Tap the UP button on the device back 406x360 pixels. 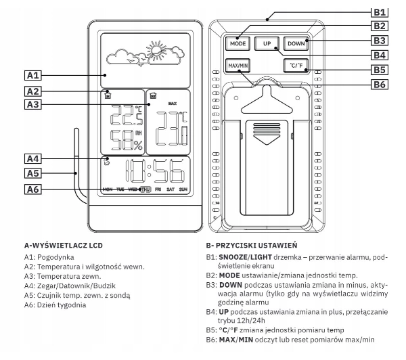267,43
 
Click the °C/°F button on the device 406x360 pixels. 296,66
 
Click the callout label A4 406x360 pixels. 35,159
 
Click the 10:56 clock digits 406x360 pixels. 155,172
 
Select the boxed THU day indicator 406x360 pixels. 145,189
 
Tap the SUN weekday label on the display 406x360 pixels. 183,189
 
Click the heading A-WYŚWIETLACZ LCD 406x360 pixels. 64,242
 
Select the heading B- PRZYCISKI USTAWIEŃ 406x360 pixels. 255,242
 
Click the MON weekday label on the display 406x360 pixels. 106,189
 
